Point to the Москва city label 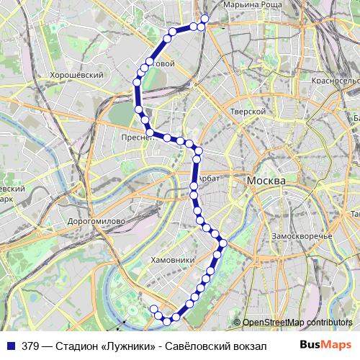pyautogui.click(x=266, y=180)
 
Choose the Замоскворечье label pyautogui.click(x=301, y=236)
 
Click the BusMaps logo pyautogui.click(x=330, y=346)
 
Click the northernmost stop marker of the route pyautogui.click(x=204, y=19)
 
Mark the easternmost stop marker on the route pyautogui.click(x=223, y=243)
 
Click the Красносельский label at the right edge pyautogui.click(x=336, y=81)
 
